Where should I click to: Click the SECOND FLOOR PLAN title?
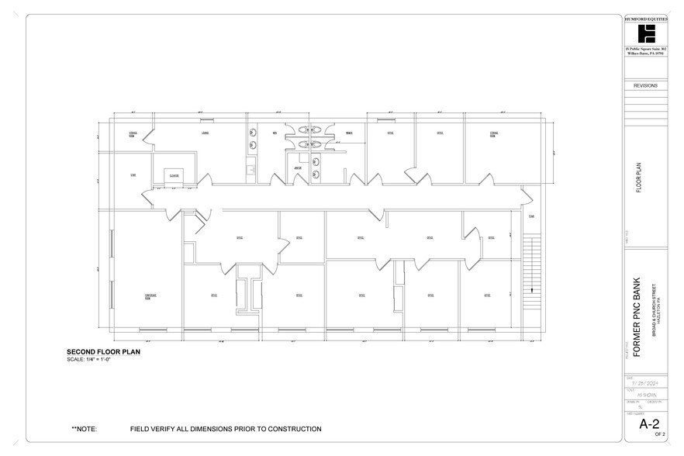[103, 352]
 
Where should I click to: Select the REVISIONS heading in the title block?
[646, 86]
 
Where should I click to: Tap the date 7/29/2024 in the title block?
[645, 383]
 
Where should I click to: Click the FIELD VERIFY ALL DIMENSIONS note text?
[226, 429]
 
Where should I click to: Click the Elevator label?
[174, 176]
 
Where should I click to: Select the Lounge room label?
[206, 133]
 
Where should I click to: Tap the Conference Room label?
[152, 296]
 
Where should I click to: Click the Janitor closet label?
[297, 168]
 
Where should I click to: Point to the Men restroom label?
[275, 133]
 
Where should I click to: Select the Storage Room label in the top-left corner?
[133, 134]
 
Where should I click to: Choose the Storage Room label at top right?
[494, 134]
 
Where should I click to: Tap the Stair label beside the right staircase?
[531, 216]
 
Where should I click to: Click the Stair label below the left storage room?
[133, 175]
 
